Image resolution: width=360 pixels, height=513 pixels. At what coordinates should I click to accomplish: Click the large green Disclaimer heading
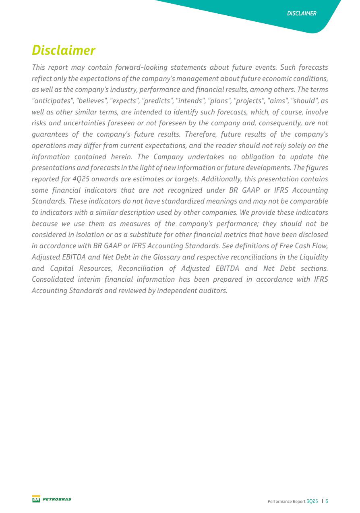(x=64, y=50)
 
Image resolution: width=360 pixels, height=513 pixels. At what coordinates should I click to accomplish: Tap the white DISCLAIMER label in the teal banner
(x=302, y=13)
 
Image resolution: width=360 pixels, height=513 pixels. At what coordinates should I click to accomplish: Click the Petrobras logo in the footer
(x=52, y=499)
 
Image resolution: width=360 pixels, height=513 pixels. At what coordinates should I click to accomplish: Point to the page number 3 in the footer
(x=327, y=501)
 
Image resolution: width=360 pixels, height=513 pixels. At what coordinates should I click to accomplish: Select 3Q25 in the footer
(x=312, y=501)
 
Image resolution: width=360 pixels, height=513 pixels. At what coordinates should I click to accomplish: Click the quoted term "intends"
(x=190, y=101)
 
